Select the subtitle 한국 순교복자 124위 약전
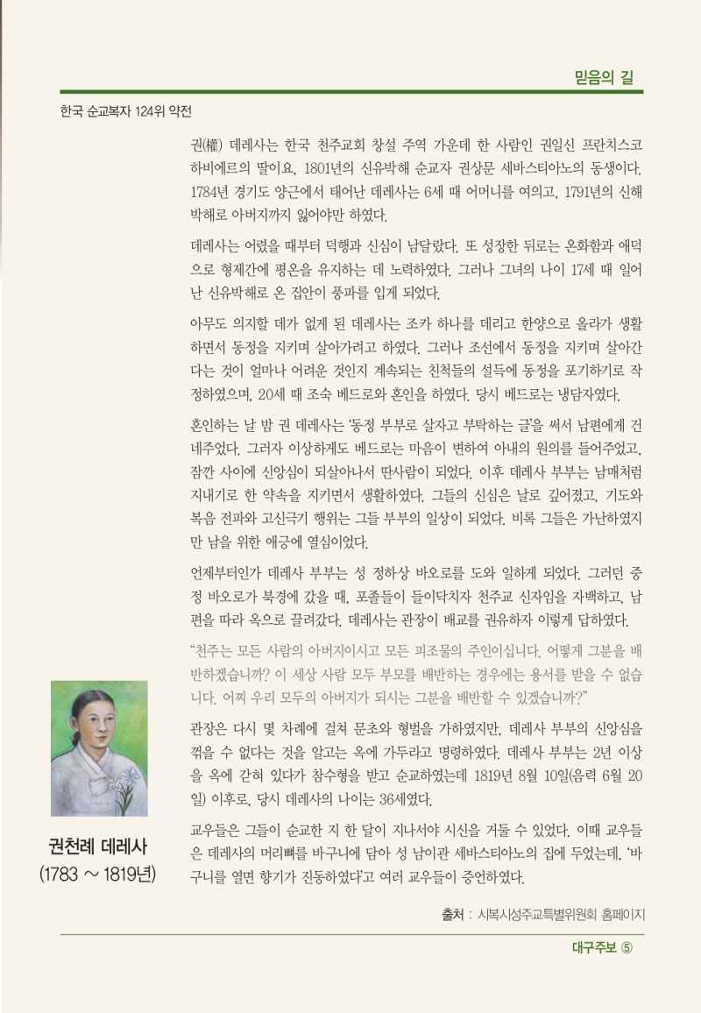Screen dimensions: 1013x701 tap(125, 112)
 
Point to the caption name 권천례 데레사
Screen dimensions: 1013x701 tap(98, 848)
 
